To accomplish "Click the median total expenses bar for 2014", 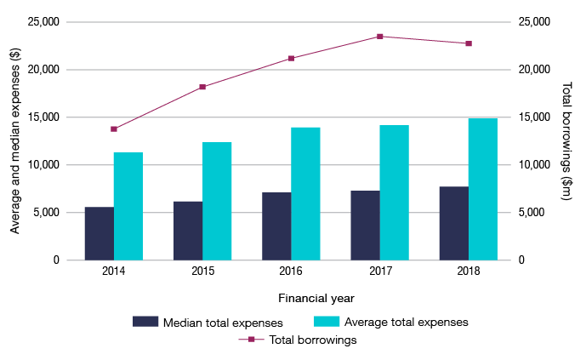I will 100,233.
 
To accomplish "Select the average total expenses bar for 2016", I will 305,194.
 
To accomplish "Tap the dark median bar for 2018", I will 453,223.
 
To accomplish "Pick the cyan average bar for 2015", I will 217,201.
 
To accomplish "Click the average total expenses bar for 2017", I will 394,192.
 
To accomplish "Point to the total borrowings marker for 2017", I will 379,37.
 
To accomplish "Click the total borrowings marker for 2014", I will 114,129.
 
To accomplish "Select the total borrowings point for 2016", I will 291,59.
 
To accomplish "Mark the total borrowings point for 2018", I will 468,43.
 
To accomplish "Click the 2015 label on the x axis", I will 202,271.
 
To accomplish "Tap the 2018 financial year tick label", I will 468,271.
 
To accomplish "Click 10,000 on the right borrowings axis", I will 534,165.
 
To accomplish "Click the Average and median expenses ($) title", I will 15,141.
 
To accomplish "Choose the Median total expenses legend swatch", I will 145,322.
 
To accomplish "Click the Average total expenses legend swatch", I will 327,322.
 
